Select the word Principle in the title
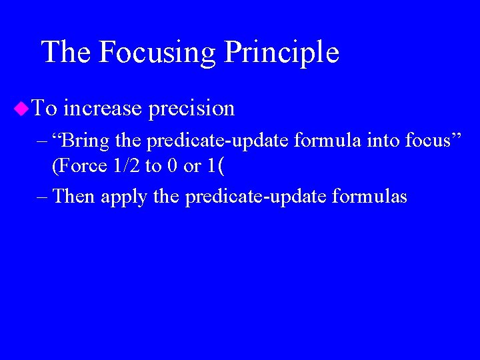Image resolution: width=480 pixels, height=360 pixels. [281, 53]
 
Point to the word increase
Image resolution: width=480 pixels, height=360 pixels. [103, 108]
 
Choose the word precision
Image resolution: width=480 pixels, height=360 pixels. [191, 109]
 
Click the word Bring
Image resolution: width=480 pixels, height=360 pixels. [87, 141]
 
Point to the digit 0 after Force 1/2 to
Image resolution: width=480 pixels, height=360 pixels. [171, 165]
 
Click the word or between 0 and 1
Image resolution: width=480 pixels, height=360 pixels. [192, 166]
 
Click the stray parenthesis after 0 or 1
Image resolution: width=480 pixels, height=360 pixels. [221, 166]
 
